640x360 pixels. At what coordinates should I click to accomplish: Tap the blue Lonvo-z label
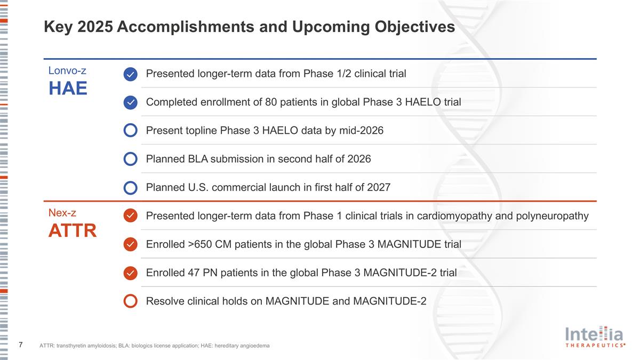tap(67, 70)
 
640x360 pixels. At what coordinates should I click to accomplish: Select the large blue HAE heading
tap(68, 89)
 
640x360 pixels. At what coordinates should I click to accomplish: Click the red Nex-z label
tap(62, 213)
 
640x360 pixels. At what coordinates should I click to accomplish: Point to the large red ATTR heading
tap(73, 231)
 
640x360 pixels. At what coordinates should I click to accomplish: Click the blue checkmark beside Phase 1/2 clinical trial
tap(131, 74)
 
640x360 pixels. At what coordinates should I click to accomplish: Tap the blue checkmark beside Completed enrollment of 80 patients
tap(131, 102)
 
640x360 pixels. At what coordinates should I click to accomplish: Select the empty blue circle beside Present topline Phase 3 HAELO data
tap(131, 131)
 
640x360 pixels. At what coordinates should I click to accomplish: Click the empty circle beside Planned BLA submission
tap(131, 159)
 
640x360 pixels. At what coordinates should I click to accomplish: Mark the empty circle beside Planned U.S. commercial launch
tap(131, 188)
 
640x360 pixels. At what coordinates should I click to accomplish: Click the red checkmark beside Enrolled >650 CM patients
tap(131, 244)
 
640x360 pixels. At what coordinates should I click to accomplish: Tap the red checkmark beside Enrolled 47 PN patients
tap(131, 273)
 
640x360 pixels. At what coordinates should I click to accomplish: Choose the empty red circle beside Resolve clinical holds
tap(131, 301)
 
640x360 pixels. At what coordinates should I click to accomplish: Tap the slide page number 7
tap(20, 345)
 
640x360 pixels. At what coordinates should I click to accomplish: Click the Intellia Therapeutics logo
tap(594, 337)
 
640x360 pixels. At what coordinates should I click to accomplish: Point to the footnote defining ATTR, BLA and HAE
tap(154, 346)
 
